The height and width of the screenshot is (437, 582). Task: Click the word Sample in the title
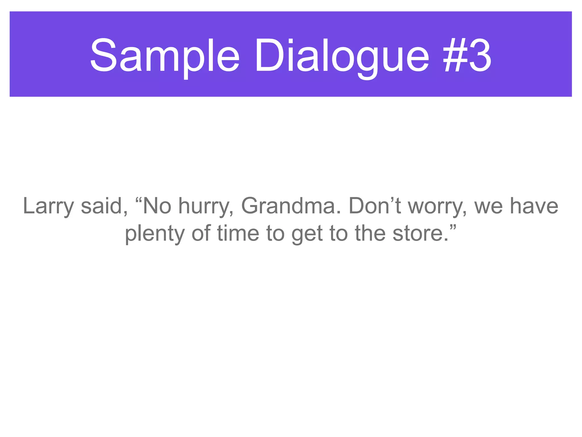[x=165, y=55]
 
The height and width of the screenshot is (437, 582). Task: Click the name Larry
[x=48, y=206]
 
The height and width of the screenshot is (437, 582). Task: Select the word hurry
[x=206, y=206]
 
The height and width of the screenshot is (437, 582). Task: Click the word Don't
[x=375, y=206]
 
